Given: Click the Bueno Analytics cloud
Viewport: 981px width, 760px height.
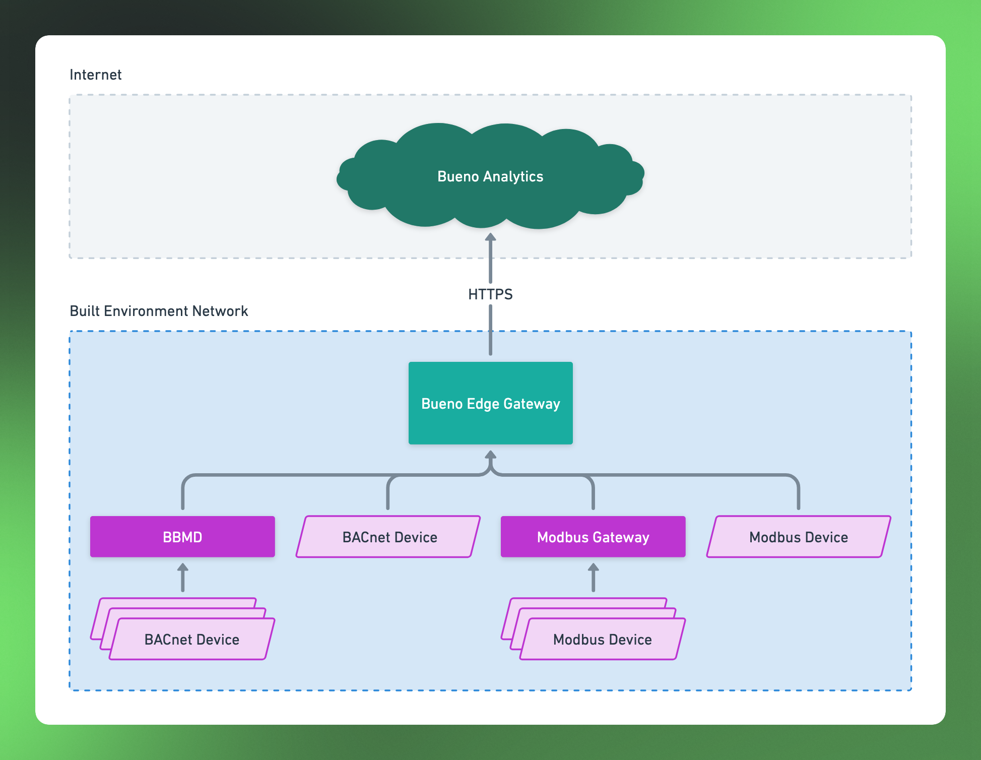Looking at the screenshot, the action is [x=490, y=176].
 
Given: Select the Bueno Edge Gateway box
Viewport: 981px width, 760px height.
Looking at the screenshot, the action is [x=490, y=403].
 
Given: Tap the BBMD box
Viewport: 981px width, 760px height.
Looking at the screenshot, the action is [x=182, y=537].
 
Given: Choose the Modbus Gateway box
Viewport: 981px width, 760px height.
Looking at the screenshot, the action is [x=593, y=537].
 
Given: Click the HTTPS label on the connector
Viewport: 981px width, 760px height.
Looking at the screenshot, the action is [x=490, y=294].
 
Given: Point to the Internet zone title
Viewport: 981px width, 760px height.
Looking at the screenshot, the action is [x=96, y=75].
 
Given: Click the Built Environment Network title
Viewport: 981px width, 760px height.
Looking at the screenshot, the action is [x=159, y=311].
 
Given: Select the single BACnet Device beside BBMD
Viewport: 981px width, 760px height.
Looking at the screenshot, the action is [x=388, y=537].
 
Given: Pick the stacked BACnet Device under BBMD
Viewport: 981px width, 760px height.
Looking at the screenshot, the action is [x=183, y=629].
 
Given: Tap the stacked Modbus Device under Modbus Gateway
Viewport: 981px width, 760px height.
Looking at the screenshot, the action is [x=594, y=629].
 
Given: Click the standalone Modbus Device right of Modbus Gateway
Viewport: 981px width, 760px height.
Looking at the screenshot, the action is [x=799, y=537].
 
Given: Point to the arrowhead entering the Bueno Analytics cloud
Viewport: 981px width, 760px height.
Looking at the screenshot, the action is [x=490, y=236].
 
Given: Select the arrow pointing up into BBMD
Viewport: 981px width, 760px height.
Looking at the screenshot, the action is [x=182, y=578].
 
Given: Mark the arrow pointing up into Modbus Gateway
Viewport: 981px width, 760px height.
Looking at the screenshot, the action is [x=593, y=578].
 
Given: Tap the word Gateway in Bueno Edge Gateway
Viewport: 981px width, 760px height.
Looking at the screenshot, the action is [x=532, y=404].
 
